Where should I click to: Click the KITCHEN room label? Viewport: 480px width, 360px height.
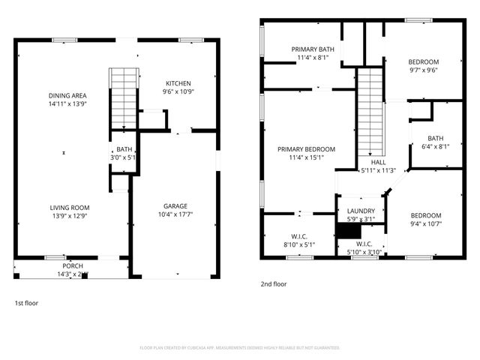(178, 83)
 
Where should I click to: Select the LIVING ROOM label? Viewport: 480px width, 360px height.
(70, 208)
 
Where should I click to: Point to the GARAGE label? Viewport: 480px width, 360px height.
(175, 206)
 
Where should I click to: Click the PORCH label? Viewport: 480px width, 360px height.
(73, 265)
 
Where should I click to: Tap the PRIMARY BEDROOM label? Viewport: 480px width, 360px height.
(305, 149)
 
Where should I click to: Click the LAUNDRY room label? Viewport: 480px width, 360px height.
(360, 211)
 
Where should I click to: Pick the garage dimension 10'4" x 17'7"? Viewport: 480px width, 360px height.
(175, 214)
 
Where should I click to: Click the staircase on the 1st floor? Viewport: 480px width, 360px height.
(121, 97)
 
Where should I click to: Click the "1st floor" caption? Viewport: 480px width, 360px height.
(26, 303)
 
